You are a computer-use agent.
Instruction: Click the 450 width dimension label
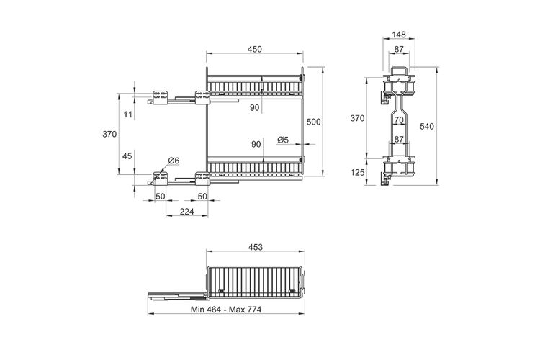coord(254,49)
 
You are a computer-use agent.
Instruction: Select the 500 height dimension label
coord(313,122)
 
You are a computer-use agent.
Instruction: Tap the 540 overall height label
coord(427,127)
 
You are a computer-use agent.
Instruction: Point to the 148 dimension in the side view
coord(399,35)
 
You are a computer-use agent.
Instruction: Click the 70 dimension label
coord(399,120)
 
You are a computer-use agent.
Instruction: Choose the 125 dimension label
coord(357,172)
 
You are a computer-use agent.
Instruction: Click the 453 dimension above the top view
coord(255,247)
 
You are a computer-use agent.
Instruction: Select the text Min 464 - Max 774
coord(226,310)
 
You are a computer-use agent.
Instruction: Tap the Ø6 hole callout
coord(174,161)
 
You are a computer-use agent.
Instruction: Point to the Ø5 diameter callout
coord(283,140)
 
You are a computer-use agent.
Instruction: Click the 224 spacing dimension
coord(186,211)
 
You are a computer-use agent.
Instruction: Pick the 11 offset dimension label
coord(127,114)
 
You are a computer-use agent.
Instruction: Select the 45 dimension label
coord(127,156)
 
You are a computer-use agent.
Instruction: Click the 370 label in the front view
coord(109,134)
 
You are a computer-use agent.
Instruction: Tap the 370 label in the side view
coord(357,118)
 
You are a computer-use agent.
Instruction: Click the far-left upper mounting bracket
coord(160,96)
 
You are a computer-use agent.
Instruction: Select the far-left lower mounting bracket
coord(160,179)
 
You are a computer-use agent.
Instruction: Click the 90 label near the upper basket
coord(254,108)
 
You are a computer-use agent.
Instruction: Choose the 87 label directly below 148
coord(399,49)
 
